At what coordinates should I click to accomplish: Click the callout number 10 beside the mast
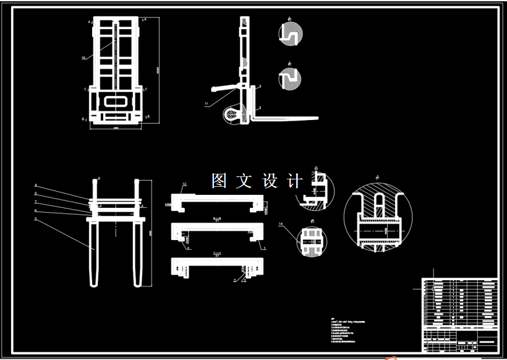83,58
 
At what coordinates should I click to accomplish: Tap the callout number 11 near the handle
207,103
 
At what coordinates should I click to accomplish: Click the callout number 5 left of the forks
36,219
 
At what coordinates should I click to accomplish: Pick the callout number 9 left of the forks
36,186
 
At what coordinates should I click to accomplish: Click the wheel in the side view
232,114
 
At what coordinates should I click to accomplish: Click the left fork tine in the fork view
95,254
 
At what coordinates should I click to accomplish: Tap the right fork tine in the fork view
137,254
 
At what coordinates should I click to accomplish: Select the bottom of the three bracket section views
217,267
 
